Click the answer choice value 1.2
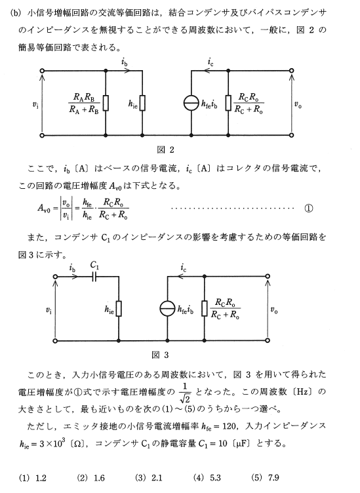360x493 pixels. (x=41, y=478)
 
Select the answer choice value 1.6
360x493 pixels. (x=99, y=478)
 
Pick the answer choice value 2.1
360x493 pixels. (x=157, y=478)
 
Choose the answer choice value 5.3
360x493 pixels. (x=215, y=478)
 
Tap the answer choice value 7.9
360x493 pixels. (x=273, y=478)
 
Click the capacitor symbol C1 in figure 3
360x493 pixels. (x=94, y=277)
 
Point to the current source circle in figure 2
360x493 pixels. (x=191, y=103)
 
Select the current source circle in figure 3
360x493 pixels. (x=167, y=308)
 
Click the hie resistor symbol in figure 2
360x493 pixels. (x=142, y=103)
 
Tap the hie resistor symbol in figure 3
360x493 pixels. (x=119, y=308)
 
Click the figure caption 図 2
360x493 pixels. (x=165, y=149)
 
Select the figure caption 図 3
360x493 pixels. (x=160, y=355)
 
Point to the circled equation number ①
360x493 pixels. (x=308, y=208)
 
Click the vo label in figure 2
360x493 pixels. (x=298, y=105)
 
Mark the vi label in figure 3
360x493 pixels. (x=49, y=311)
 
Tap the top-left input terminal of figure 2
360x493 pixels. (x=42, y=71)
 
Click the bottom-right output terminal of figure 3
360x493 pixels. (x=268, y=340)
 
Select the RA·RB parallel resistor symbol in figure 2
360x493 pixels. (x=106, y=103)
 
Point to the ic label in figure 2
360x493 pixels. (x=210, y=62)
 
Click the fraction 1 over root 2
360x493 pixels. (x=185, y=393)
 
